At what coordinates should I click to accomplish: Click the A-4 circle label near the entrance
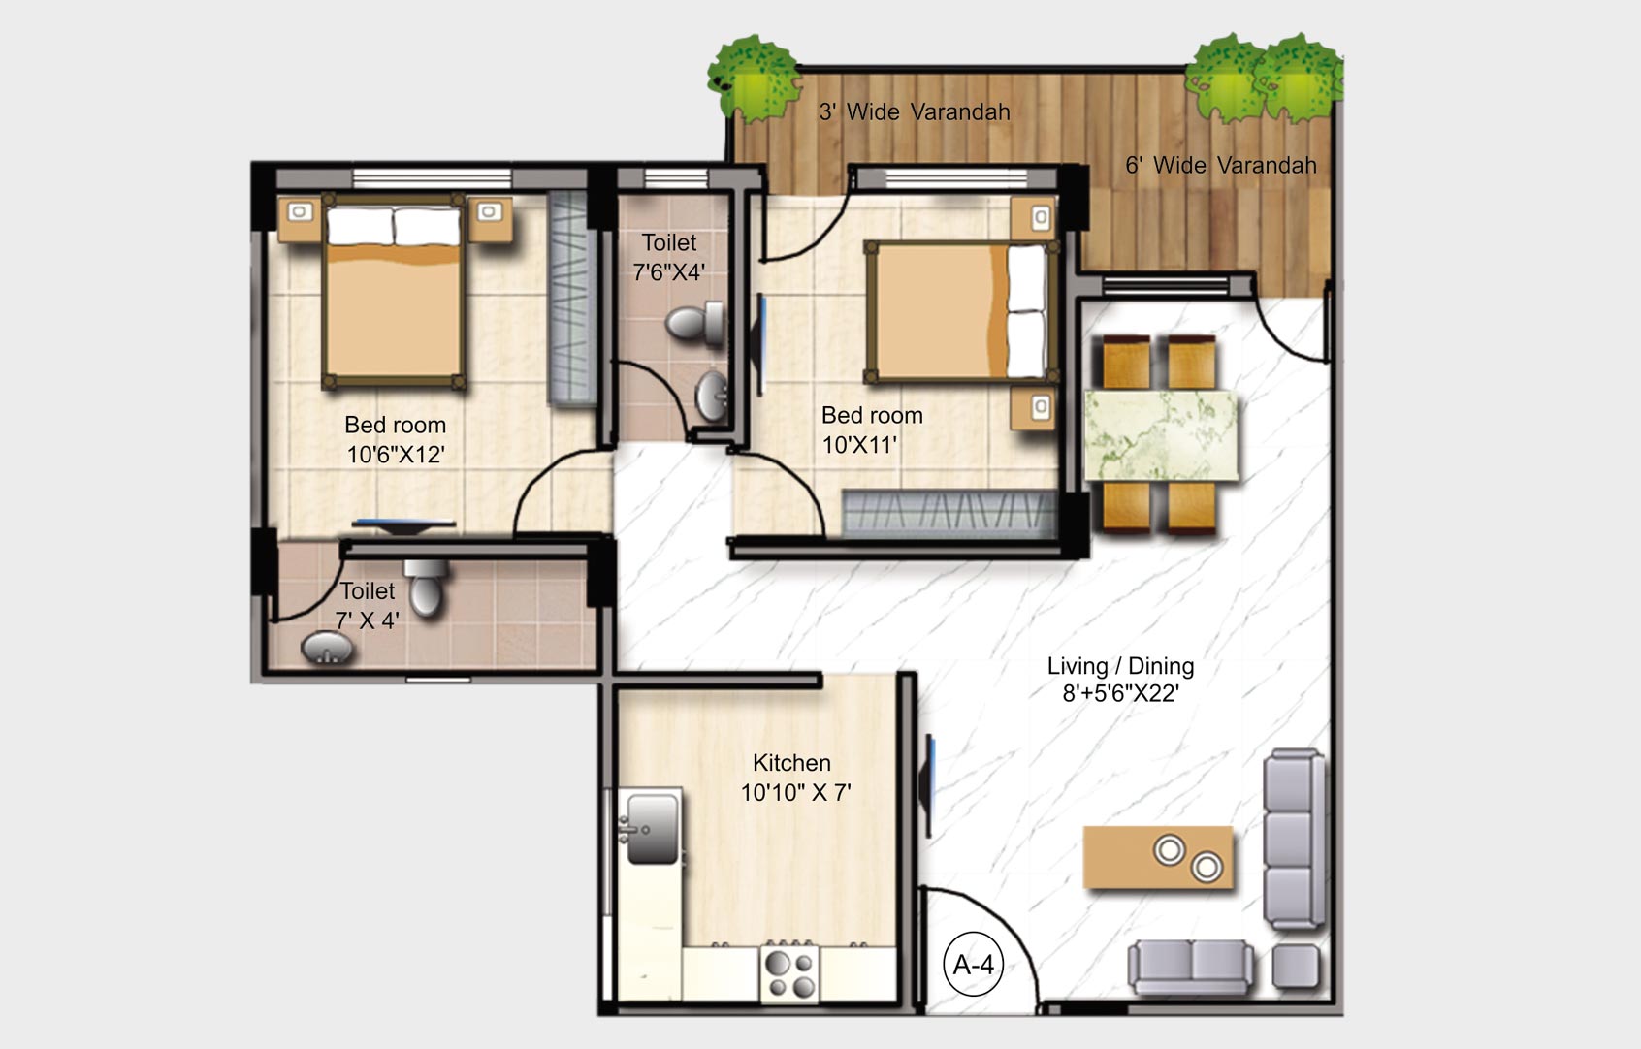point(974,965)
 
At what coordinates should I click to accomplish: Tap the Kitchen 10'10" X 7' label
point(794,778)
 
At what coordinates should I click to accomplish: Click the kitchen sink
point(651,828)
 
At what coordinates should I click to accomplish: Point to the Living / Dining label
point(1120,679)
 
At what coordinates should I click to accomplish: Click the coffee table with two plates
point(1158,857)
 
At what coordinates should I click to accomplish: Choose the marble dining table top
point(1160,435)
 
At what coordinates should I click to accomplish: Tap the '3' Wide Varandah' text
point(914,112)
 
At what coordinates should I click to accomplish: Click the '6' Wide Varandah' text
point(1220,166)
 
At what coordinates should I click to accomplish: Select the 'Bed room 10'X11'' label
point(871,429)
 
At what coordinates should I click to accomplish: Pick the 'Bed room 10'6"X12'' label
point(396,439)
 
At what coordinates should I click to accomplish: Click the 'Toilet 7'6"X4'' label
point(669,257)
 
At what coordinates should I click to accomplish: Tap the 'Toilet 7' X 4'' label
point(368,605)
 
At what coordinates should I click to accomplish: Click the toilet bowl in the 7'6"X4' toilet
point(696,324)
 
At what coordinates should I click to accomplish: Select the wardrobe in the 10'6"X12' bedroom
point(571,298)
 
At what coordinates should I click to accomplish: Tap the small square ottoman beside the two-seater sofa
point(1296,967)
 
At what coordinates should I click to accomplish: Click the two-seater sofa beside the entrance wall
point(1191,967)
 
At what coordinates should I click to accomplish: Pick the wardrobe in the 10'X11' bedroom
point(948,513)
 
